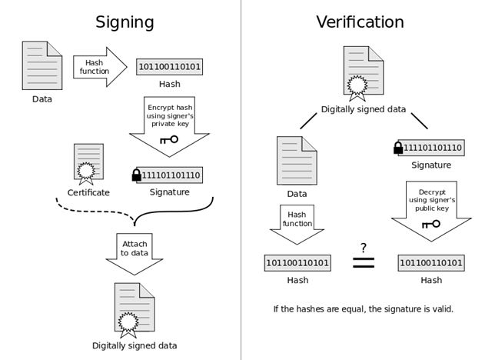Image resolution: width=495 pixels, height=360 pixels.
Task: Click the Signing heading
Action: click(125, 22)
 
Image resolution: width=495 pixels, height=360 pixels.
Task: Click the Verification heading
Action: click(359, 22)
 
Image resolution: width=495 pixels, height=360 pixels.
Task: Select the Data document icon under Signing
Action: click(42, 66)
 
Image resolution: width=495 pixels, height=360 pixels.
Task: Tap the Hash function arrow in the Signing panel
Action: click(98, 67)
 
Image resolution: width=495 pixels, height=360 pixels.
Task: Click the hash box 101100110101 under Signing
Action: click(169, 67)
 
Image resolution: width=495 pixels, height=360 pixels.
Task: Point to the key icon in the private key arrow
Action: click(168, 140)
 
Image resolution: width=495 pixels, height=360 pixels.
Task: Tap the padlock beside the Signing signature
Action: click(137, 175)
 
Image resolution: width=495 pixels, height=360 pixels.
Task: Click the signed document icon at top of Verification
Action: click(362, 73)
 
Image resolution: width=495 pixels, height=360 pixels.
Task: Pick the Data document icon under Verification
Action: click(297, 158)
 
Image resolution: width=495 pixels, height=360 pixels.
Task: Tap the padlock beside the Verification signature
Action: click(398, 147)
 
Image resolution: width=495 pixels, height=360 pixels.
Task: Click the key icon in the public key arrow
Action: click(430, 224)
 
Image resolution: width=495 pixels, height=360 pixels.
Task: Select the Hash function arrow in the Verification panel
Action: click(297, 222)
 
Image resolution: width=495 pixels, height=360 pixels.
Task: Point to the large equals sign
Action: click(363, 262)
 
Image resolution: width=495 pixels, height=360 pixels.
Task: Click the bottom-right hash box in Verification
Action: click(430, 263)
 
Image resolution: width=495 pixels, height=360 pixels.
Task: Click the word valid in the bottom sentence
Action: click(440, 309)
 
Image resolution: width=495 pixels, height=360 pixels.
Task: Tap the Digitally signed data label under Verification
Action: click(364, 109)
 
